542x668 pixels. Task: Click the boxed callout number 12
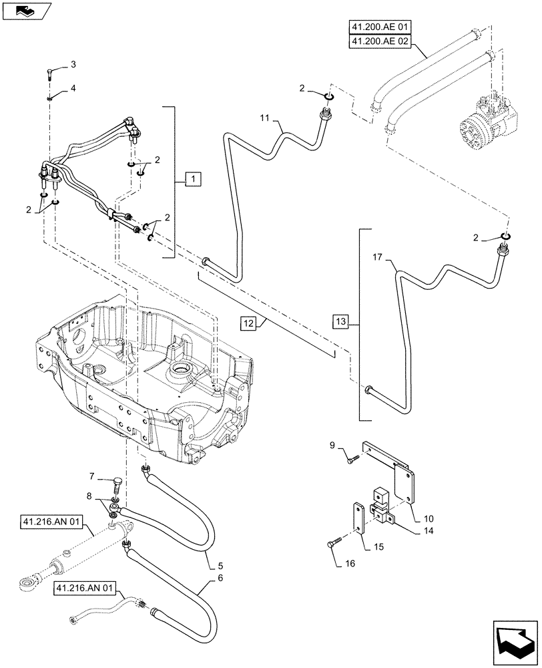(249, 323)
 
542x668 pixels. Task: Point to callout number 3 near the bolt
(73, 64)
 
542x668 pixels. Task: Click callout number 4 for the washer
(73, 88)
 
